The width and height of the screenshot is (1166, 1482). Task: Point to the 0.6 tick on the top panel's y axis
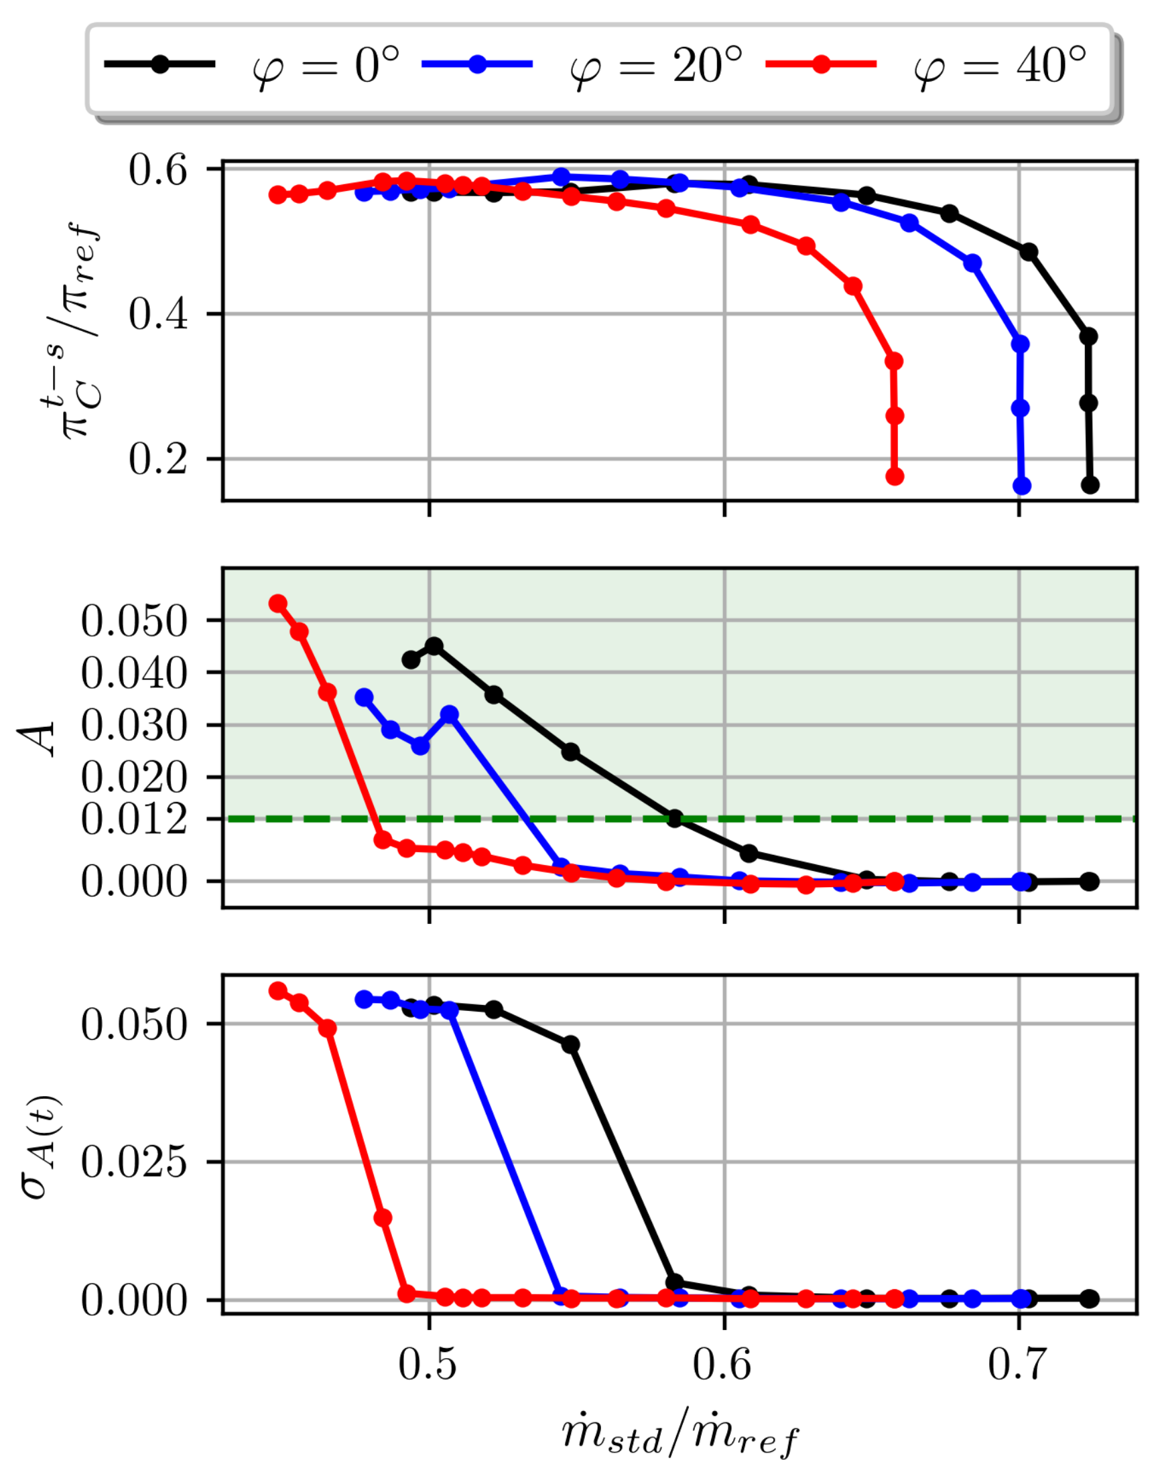point(157,170)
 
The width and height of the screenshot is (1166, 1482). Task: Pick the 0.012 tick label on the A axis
point(134,819)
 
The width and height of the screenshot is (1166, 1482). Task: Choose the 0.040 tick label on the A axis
point(134,673)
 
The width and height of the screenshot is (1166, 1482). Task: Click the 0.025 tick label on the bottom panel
point(134,1162)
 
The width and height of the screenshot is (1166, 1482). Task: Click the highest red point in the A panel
point(278,604)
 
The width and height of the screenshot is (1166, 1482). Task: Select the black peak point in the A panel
point(434,646)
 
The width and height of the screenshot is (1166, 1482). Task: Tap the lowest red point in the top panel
point(895,476)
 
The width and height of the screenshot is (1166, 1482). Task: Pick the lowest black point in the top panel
point(1090,485)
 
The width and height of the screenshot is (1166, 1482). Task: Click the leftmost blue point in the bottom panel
point(364,1000)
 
